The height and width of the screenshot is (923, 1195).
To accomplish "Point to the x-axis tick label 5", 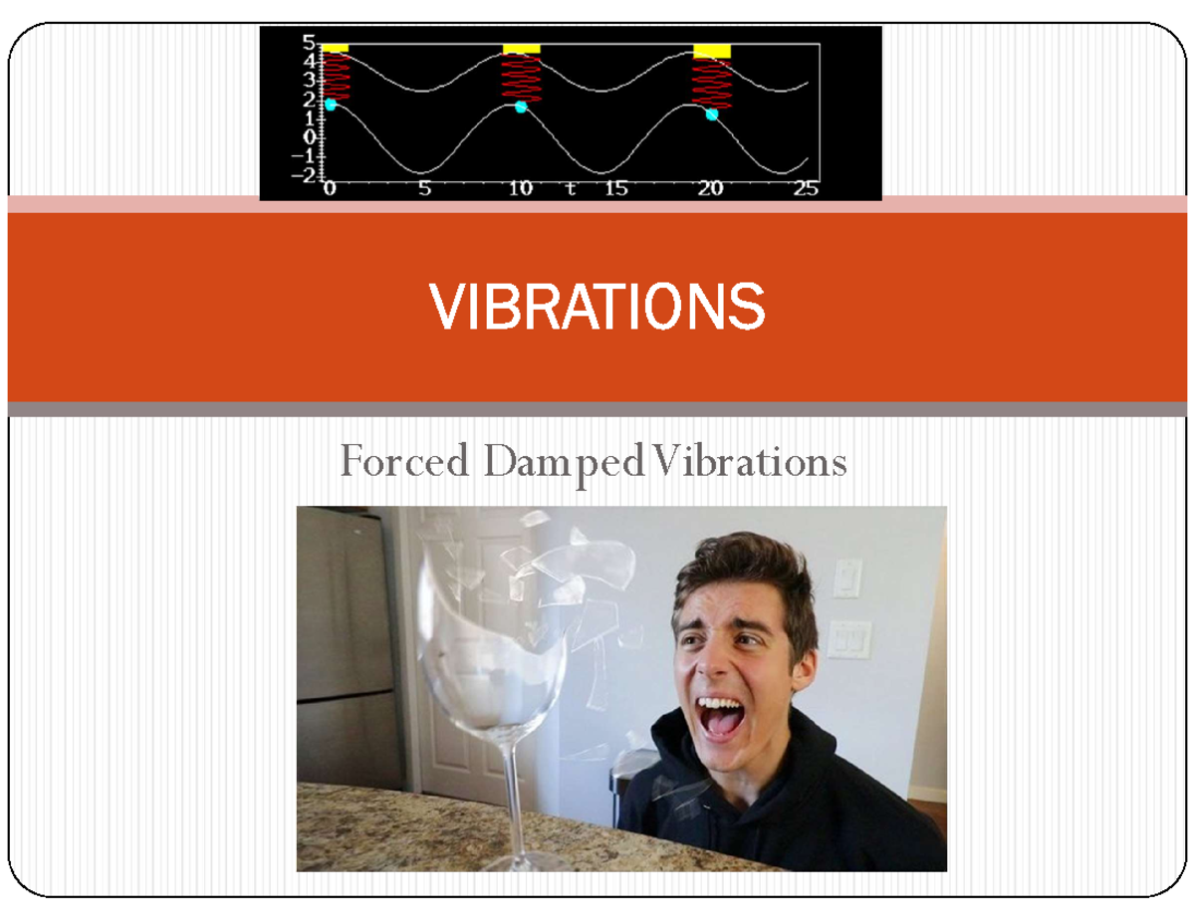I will [425, 189].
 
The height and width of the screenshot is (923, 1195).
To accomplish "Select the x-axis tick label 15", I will [615, 189].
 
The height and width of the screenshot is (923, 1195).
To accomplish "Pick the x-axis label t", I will [571, 189].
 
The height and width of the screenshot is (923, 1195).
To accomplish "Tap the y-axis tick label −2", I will [302, 174].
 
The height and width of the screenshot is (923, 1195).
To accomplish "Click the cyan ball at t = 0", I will [331, 104].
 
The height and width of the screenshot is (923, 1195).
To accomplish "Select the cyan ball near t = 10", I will [521, 107].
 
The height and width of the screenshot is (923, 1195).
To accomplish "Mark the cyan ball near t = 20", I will [712, 114].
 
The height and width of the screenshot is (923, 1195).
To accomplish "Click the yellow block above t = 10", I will [521, 48].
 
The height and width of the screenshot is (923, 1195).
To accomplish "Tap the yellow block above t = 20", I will [712, 51].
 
